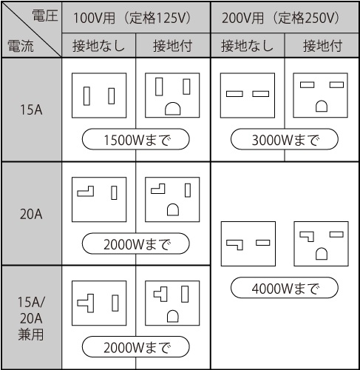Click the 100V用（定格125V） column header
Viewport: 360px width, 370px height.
pos(132,18)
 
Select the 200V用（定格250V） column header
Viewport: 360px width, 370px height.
pos(281,18)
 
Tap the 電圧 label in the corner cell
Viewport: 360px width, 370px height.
pos(45,16)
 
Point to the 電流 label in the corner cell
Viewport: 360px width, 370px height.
pos(21,46)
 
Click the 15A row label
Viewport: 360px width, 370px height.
pos(31,110)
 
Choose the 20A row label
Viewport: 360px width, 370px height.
pos(31,214)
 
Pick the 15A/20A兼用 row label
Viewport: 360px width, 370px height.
pos(31,318)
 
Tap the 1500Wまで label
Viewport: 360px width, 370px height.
pos(136,139)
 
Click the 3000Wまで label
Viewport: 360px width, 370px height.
pos(285,139)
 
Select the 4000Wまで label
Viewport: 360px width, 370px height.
pos(285,288)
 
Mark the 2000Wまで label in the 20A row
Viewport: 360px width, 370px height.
pos(136,243)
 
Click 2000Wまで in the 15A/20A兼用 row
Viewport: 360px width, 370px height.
pos(136,347)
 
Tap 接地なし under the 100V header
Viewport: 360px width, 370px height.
pos(98,46)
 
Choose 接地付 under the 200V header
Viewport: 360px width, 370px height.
pos(322,46)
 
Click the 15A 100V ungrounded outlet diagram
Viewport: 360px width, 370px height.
pos(99,95)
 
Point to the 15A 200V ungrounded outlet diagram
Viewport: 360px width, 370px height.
pos(248,95)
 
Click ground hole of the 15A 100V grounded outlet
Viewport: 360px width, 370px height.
pos(173,109)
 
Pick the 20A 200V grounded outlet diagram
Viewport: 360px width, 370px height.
pos(321,243)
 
